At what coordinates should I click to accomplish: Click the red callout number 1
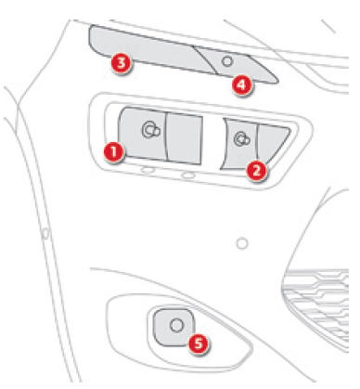[x=113, y=152]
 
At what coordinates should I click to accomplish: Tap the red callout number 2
[x=256, y=171]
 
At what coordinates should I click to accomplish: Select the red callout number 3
[x=121, y=63]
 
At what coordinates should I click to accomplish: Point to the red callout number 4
[x=241, y=84]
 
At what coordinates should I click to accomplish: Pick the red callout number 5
[x=199, y=344]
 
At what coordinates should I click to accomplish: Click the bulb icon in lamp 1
[x=150, y=130]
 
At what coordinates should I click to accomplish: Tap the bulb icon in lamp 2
[x=241, y=139]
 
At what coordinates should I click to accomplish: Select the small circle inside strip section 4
[x=227, y=61]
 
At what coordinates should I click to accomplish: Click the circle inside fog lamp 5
[x=176, y=326]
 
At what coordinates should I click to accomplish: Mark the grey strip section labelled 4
[x=238, y=65]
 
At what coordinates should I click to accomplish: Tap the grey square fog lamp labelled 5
[x=174, y=327]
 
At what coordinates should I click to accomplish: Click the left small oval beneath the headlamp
[x=148, y=170]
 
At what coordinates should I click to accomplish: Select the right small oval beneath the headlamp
[x=188, y=175]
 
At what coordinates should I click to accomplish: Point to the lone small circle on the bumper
[x=242, y=243]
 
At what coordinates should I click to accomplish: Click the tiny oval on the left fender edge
[x=45, y=233]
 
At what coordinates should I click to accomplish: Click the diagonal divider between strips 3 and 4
[x=205, y=60]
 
